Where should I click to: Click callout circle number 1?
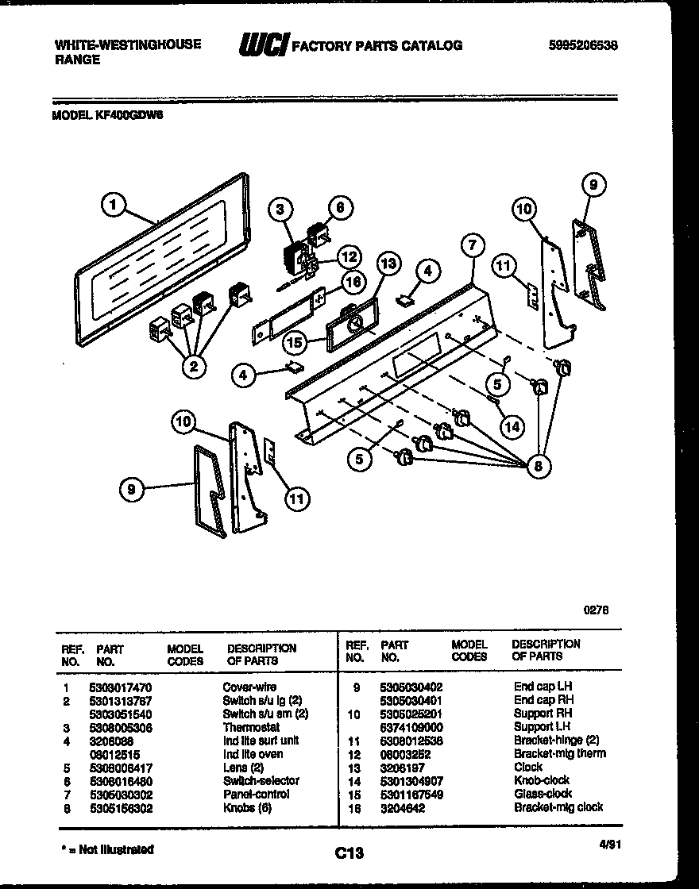pos(114,206)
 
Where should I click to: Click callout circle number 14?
pos(512,426)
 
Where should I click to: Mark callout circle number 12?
pos(348,256)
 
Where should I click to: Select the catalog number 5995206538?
pos(583,46)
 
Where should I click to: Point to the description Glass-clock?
pos(543,794)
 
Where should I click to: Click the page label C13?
pos(349,853)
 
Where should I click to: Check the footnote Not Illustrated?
pos(106,849)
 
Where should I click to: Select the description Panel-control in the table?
pos(256,794)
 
